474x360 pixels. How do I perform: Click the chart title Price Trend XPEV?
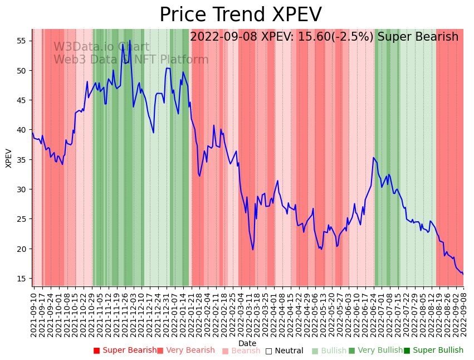240,14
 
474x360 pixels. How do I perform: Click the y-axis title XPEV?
9,158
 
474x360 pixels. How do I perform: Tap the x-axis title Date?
247,344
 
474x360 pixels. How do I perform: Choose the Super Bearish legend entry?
125,351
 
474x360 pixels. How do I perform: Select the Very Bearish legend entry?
185,351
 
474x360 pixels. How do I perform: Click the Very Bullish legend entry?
375,351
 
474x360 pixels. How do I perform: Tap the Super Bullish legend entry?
433,351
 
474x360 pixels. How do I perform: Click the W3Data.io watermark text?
101,47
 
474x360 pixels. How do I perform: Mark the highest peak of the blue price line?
130,40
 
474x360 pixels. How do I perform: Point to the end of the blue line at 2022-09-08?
463,274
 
